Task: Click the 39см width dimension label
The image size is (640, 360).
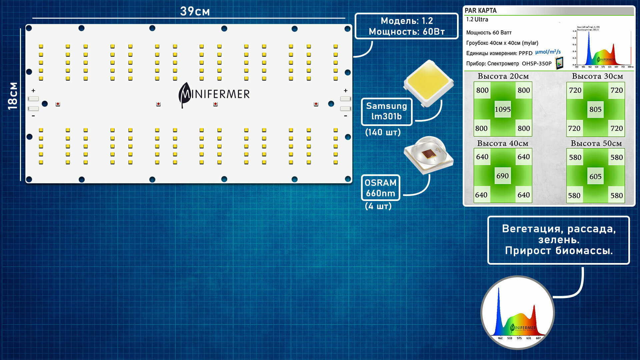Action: coord(195,11)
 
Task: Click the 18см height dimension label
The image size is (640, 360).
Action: coord(13,96)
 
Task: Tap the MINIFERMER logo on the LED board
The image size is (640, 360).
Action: coord(214,94)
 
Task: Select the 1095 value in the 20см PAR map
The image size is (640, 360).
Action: coord(503,109)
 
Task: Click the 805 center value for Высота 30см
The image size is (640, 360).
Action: coord(595,109)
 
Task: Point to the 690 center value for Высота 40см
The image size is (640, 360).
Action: coord(502,176)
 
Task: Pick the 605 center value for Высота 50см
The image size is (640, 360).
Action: coord(595,177)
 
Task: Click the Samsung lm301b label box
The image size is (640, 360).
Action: coord(387,111)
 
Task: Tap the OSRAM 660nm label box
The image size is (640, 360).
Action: coord(381,188)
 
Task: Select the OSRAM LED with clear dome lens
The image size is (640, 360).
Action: coord(428,154)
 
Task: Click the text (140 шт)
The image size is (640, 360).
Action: coord(383,132)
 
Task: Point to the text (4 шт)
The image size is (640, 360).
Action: coord(378,206)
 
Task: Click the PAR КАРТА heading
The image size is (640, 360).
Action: coord(481,10)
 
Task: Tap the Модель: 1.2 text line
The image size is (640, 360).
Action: coord(407,21)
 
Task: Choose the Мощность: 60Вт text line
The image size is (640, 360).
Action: coord(407,32)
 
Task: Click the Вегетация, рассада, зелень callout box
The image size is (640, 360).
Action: coord(558,240)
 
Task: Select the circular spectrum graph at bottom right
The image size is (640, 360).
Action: coord(517,313)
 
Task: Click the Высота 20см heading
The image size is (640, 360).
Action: coord(503,76)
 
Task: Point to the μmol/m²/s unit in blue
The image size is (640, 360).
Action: coord(548,52)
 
